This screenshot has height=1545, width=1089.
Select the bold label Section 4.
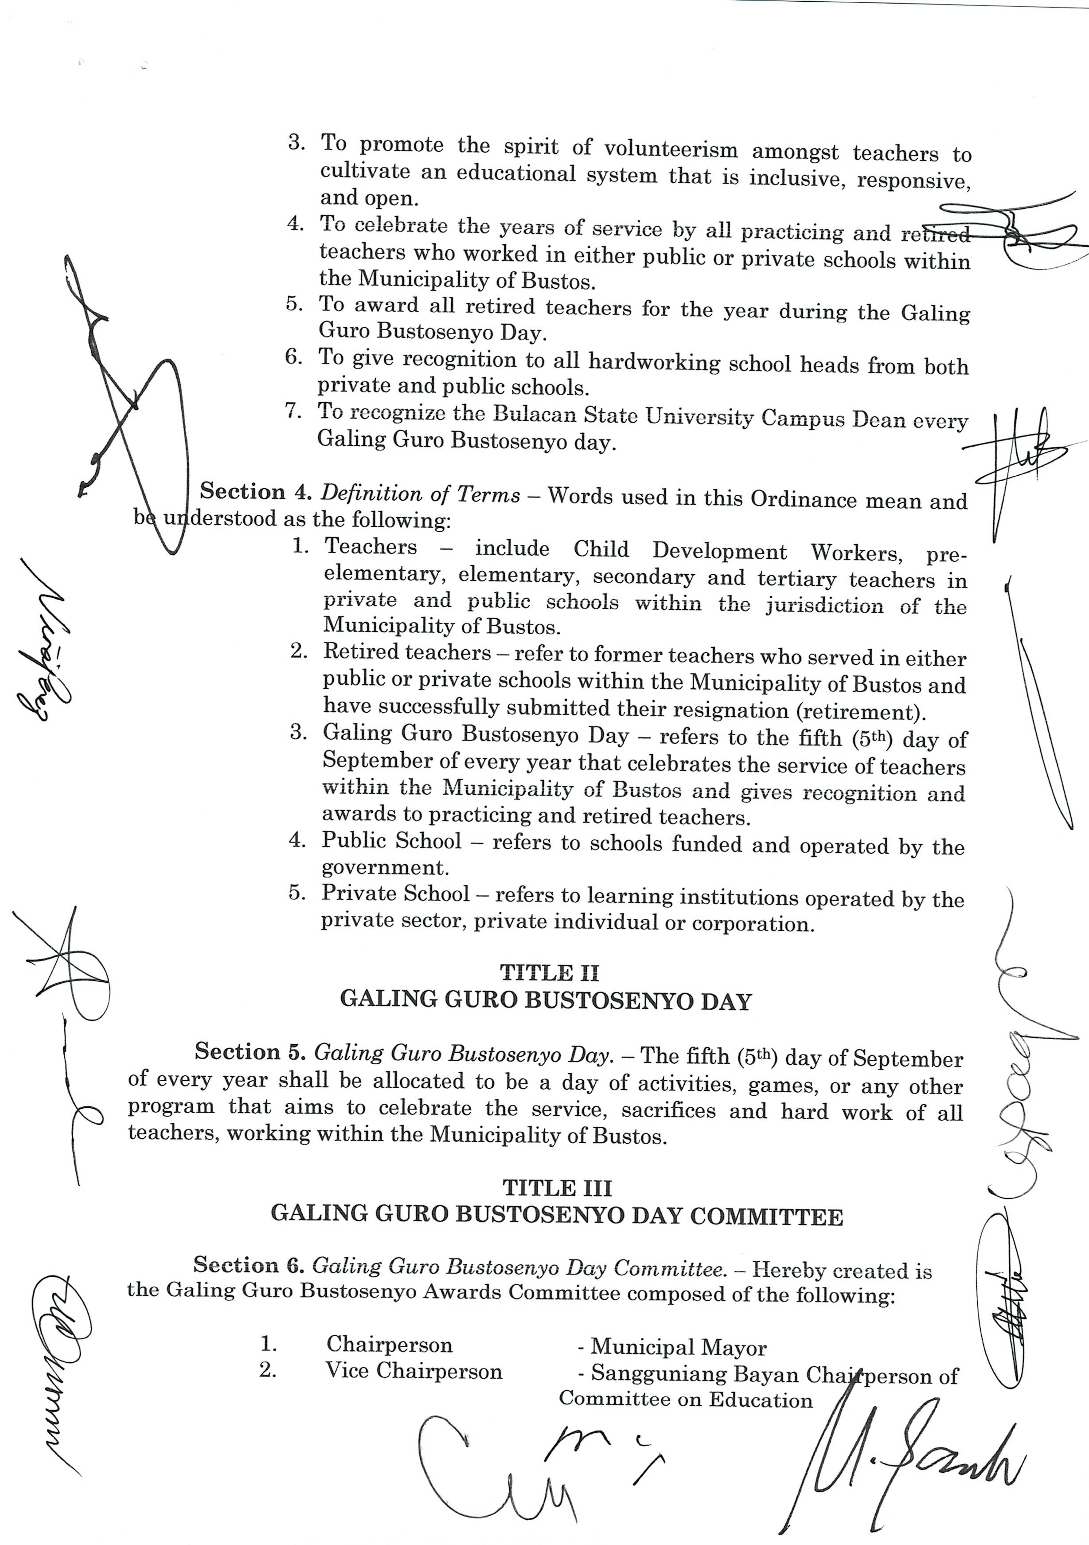[256, 492]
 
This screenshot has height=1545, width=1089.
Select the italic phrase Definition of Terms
[421, 494]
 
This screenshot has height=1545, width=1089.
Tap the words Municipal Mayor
[678, 1348]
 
